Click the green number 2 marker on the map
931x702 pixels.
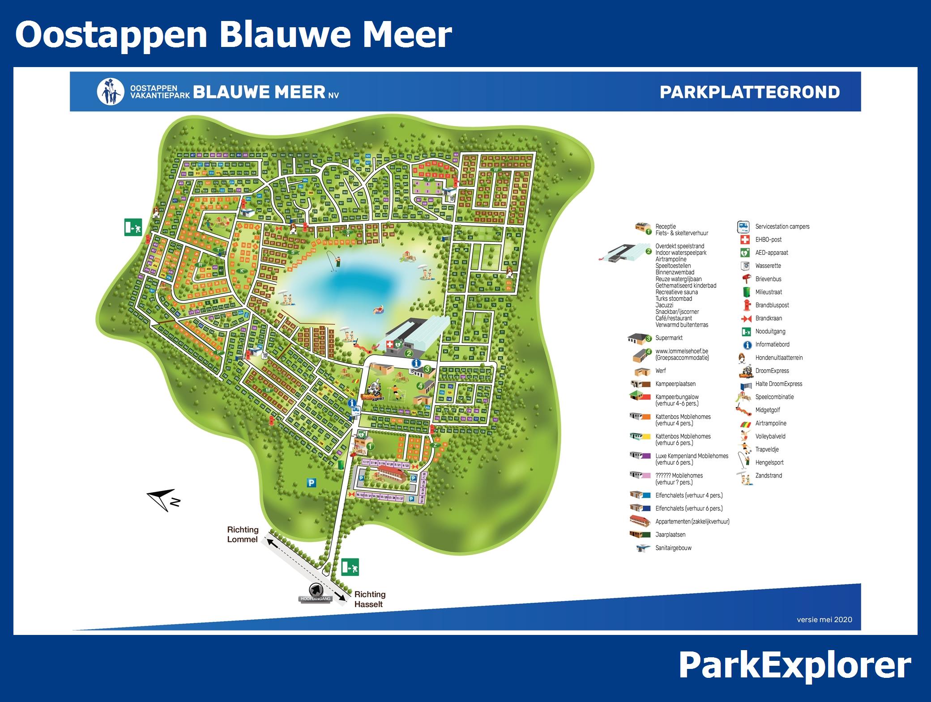(x=408, y=353)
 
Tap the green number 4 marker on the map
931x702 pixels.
(x=420, y=385)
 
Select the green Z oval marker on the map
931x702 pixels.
(x=434, y=445)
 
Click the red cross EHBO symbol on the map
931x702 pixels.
(x=389, y=345)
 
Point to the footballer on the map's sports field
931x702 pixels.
(x=396, y=393)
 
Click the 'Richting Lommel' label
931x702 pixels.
(x=243, y=534)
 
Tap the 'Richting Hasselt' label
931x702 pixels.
(x=370, y=599)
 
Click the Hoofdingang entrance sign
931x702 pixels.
(x=316, y=595)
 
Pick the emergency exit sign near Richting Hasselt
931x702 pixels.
(x=350, y=567)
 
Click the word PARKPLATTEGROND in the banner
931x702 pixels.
(x=750, y=92)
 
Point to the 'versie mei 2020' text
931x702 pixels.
(x=824, y=619)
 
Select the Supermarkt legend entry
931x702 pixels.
(x=669, y=338)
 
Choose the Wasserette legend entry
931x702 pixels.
(x=768, y=266)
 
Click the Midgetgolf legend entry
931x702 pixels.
(x=767, y=410)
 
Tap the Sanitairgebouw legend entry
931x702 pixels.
(x=673, y=548)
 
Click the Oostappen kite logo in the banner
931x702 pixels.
(x=110, y=92)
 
